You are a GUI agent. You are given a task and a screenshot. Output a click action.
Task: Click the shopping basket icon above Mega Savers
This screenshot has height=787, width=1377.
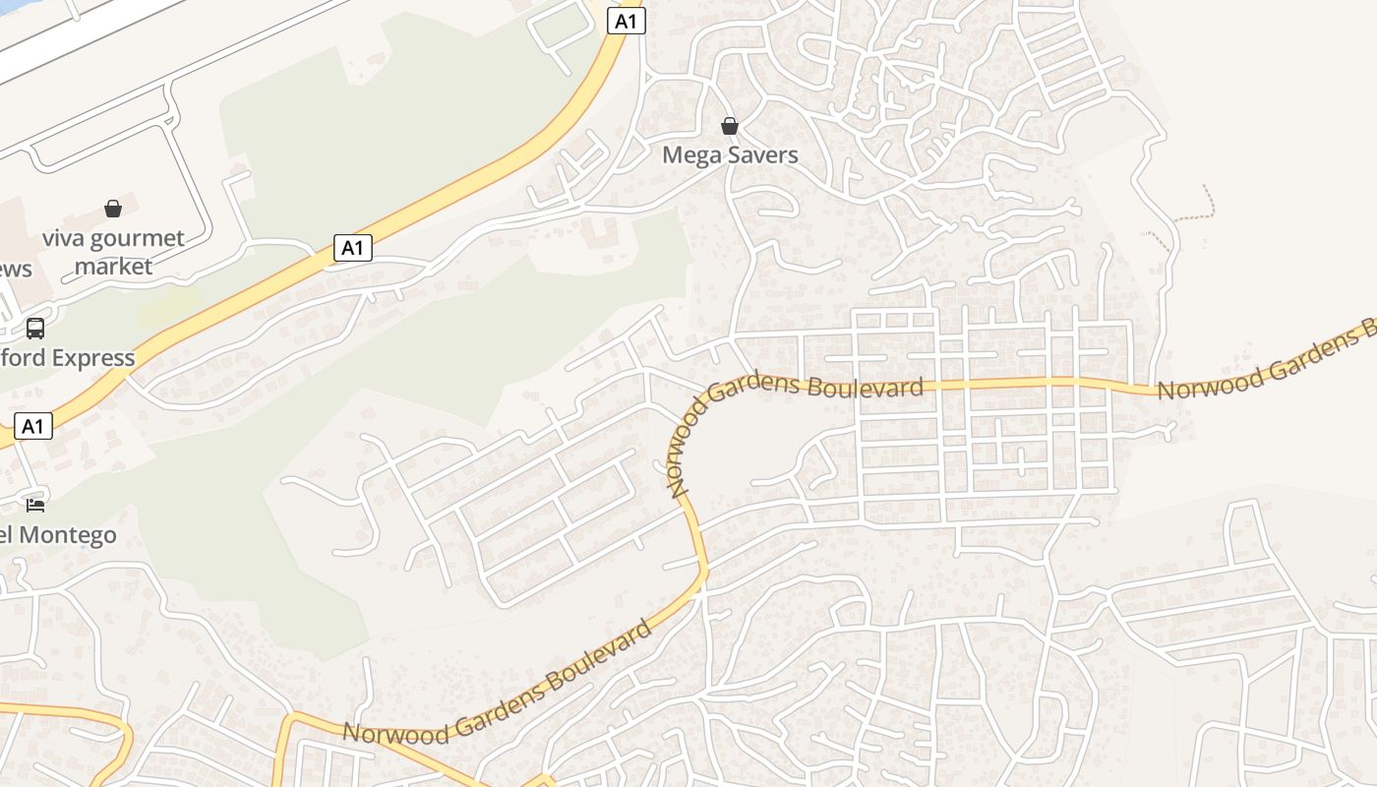[x=730, y=126]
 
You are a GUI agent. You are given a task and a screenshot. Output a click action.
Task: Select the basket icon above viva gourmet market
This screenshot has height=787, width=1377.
[x=113, y=209]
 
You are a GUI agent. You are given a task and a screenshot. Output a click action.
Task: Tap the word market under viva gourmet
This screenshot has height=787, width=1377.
[x=114, y=267]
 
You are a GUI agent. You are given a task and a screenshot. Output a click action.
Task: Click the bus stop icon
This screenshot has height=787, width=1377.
[x=35, y=329]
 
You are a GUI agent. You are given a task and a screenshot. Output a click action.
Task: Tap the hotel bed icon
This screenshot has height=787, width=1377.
[x=35, y=506]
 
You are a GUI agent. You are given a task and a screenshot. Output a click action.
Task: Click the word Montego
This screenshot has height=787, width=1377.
[x=73, y=536]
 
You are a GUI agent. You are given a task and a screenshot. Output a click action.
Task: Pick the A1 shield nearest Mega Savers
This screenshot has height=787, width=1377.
[x=627, y=21]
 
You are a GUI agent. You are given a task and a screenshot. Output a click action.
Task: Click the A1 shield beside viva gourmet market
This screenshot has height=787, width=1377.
[x=353, y=248]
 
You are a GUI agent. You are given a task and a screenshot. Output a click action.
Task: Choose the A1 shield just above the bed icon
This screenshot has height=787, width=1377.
[x=33, y=426]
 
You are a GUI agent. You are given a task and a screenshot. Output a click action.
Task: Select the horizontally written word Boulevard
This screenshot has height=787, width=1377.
[x=866, y=386]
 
